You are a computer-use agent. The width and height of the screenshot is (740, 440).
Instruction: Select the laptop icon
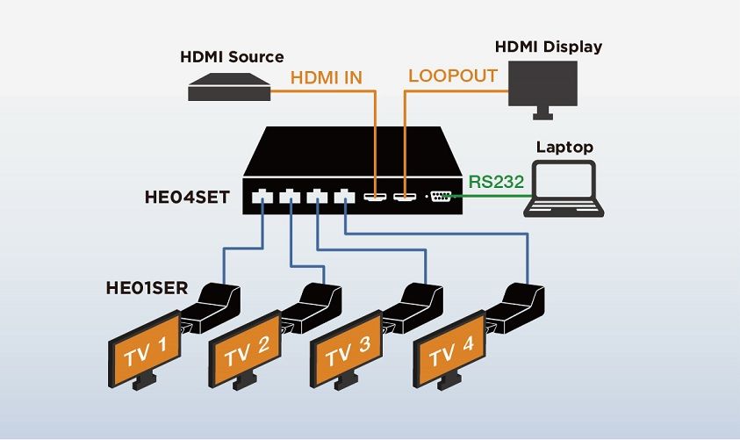tap(564, 191)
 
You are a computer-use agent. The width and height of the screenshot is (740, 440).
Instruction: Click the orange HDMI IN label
tap(327, 78)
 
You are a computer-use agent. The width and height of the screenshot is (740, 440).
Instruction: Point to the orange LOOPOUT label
tap(453, 76)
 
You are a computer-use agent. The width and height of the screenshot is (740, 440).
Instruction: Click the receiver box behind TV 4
tap(516, 307)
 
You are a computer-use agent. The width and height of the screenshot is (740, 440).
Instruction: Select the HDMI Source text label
tap(232, 57)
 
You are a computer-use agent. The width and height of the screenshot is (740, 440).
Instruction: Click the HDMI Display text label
tap(549, 46)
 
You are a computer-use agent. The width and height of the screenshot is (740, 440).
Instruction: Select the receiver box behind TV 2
tap(313, 307)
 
